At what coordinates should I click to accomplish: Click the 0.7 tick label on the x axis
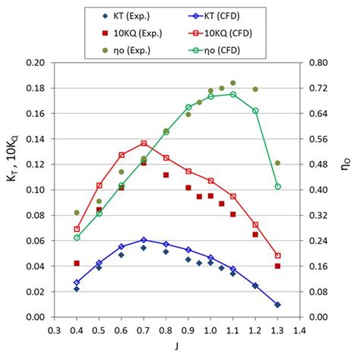click(144, 330)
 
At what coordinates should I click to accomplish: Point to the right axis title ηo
click(349, 190)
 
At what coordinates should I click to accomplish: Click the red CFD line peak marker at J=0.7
click(144, 143)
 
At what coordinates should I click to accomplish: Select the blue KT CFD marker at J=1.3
click(277, 305)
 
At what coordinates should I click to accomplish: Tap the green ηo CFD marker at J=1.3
click(277, 187)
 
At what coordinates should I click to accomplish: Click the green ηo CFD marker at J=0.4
click(77, 238)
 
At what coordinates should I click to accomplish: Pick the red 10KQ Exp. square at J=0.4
click(77, 264)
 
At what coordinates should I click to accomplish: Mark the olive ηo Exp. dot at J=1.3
click(277, 163)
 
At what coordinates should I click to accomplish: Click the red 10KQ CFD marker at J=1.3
click(277, 256)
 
